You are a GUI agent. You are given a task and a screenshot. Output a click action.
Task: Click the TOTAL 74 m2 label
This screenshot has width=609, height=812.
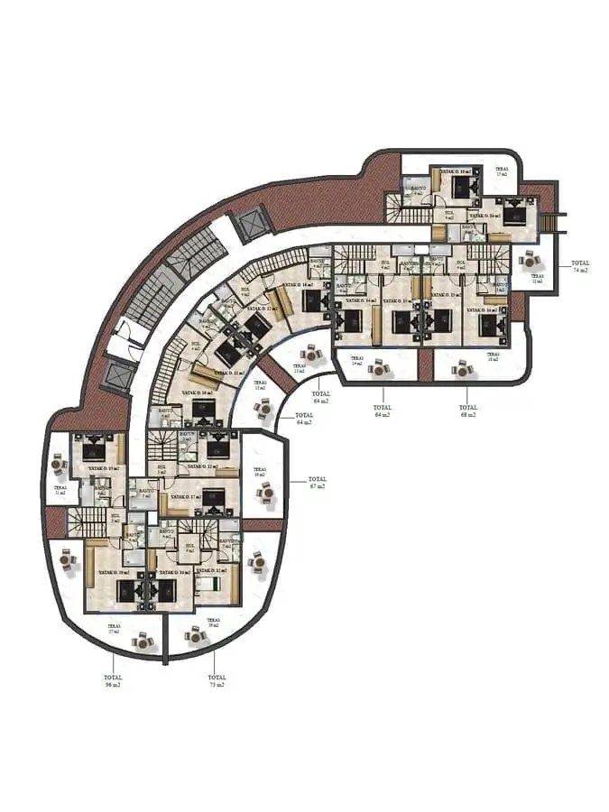point(579,266)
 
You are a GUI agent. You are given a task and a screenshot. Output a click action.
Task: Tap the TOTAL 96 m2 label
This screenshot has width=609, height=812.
point(112,680)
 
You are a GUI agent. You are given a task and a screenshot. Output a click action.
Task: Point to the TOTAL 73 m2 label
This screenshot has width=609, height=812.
point(216,680)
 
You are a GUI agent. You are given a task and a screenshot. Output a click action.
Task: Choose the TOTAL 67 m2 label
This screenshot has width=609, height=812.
point(317,483)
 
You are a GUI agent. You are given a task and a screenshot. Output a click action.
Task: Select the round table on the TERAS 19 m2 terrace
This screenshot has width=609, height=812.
point(266,493)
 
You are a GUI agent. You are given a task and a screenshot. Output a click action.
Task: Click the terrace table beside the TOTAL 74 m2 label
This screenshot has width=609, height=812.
point(527,259)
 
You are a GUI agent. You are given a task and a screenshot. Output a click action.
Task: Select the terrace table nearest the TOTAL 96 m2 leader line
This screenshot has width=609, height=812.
point(142,641)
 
